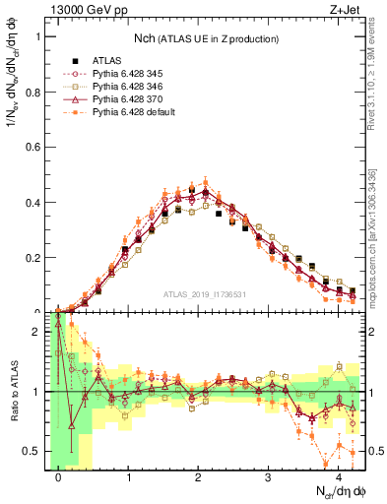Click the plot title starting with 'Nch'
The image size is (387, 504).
coord(205,37)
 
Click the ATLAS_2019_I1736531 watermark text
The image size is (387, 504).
coord(205,292)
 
